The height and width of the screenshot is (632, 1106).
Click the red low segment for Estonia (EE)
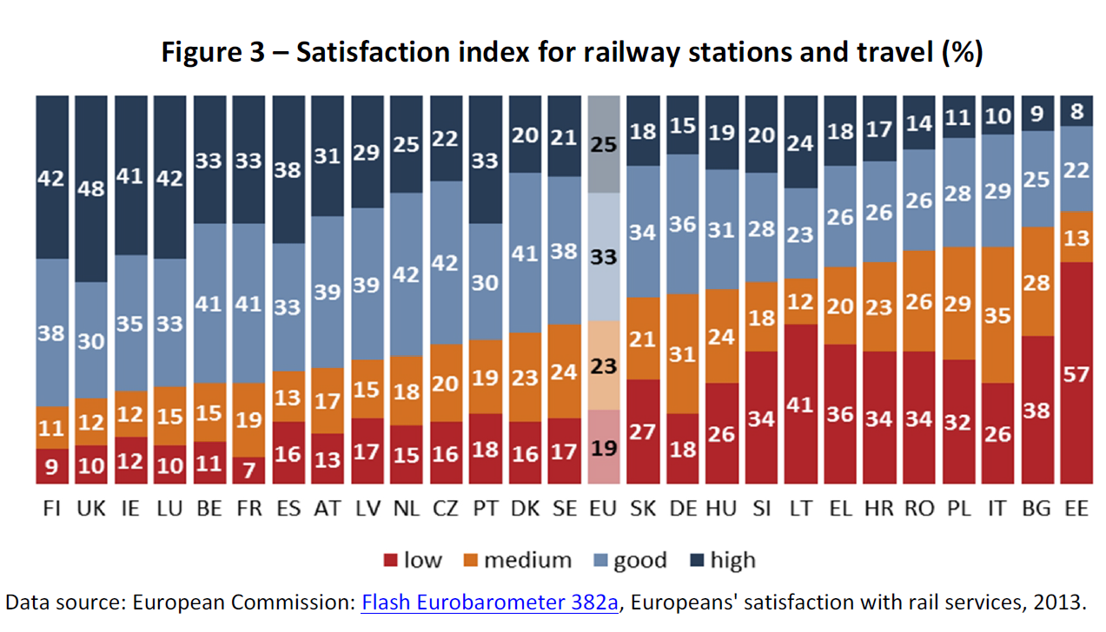pyautogui.click(x=1076, y=373)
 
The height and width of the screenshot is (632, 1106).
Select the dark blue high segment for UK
pyautogui.click(x=91, y=188)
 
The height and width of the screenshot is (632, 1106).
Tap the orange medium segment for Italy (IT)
pyautogui.click(x=997, y=315)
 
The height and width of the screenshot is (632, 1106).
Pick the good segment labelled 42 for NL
pyautogui.click(x=406, y=274)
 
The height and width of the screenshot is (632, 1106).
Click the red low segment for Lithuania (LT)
pyautogui.click(x=800, y=404)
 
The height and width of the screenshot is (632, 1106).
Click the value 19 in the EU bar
pyautogui.click(x=603, y=449)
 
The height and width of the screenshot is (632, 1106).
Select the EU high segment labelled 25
pyautogui.click(x=603, y=144)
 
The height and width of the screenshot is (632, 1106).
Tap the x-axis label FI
pyautogui.click(x=51, y=510)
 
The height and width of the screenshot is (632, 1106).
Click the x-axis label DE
pyautogui.click(x=682, y=510)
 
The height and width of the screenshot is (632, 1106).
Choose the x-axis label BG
pyautogui.click(x=1036, y=510)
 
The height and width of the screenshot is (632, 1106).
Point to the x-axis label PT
pyautogui.click(x=485, y=510)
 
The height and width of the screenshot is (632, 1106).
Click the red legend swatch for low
pyautogui.click(x=390, y=561)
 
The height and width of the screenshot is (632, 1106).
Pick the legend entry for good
pyautogui.click(x=639, y=561)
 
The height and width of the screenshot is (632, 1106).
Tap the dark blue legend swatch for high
pyautogui.click(x=694, y=561)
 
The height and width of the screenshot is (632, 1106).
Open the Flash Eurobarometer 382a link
pyautogui.click(x=489, y=603)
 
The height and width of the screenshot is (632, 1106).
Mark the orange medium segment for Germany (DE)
pyautogui.click(x=682, y=354)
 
